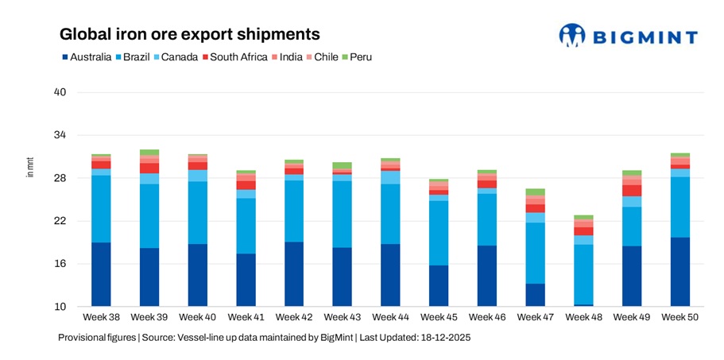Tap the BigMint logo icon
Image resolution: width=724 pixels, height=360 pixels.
(571, 35)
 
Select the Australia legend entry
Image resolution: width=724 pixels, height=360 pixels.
(87, 57)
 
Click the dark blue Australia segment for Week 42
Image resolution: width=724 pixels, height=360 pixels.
(293, 274)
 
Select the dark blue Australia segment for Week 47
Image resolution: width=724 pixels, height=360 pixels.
(535, 295)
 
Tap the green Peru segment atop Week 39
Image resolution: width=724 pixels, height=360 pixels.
(149, 152)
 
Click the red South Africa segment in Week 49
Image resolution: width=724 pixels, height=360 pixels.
(632, 191)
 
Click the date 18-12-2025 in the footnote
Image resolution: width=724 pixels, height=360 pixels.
(445, 338)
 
